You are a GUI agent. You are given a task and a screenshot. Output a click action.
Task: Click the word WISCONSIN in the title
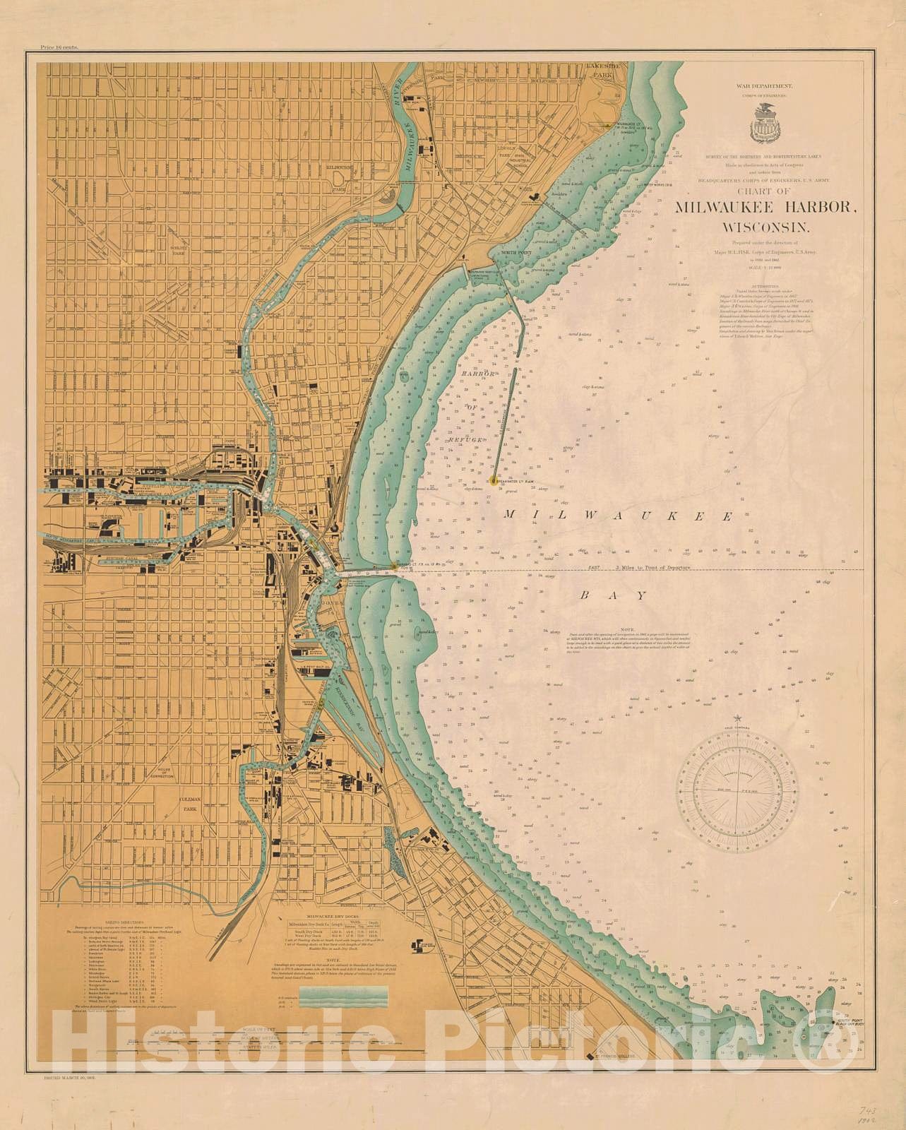pos(768,228)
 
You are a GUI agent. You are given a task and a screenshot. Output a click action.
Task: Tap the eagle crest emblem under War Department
pos(766,121)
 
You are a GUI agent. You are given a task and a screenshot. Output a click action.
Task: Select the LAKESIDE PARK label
pos(605,69)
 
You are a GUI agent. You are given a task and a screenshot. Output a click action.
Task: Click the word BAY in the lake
pos(612,595)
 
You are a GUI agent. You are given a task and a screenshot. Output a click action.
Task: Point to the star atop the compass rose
pos(739,718)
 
